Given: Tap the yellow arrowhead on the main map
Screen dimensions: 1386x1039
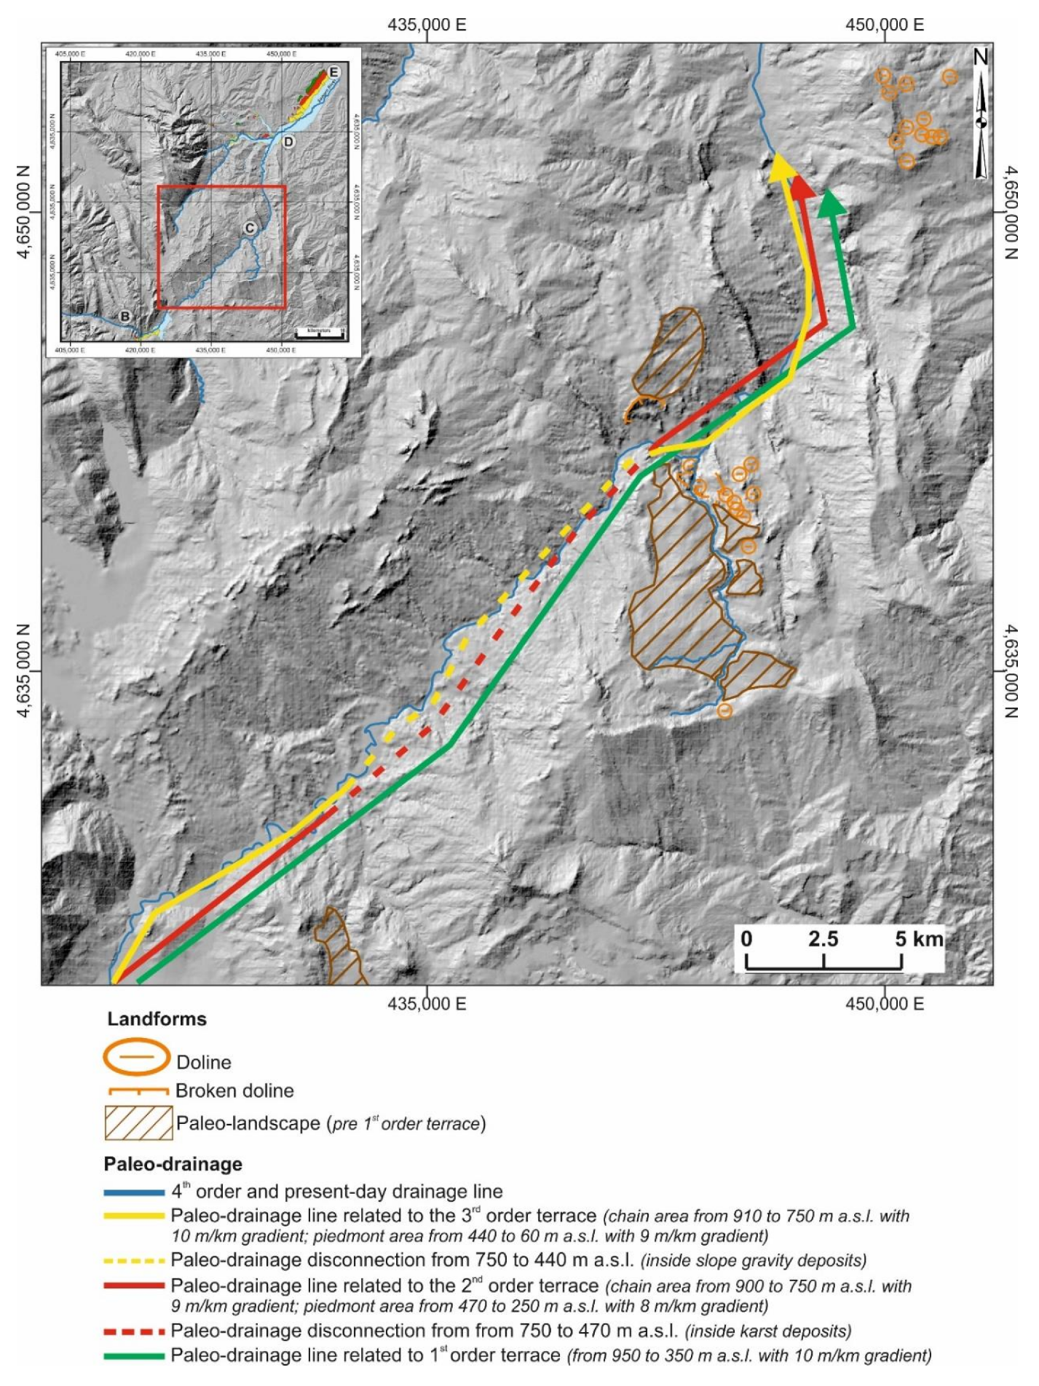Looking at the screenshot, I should (x=780, y=166).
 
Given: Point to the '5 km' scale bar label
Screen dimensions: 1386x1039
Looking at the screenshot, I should (x=919, y=939).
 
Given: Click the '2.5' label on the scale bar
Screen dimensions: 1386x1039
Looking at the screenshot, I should (x=823, y=939).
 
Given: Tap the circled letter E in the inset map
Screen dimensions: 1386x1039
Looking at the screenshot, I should (x=333, y=72).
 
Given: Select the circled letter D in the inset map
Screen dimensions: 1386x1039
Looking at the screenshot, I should (x=289, y=141).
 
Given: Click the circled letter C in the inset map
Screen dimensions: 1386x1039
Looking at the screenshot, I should (x=250, y=229).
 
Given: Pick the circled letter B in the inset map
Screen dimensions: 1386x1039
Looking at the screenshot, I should (x=125, y=317).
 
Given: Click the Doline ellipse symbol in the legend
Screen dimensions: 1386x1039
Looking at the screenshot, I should (x=136, y=1057).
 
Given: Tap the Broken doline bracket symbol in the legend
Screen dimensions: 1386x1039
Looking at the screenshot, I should (x=138, y=1091).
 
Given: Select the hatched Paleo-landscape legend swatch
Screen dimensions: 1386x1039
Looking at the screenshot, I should (x=138, y=1123).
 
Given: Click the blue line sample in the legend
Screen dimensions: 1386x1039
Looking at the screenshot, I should (x=134, y=1192).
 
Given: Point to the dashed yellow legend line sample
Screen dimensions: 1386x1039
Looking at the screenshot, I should (x=134, y=1260).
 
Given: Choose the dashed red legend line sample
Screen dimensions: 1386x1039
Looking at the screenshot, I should (x=134, y=1331).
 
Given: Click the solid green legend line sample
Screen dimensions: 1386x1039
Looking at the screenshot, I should (x=134, y=1356).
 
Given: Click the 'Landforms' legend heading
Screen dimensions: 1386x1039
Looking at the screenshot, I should (x=157, y=1019).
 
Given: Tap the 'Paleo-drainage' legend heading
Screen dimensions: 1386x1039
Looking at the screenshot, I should (x=173, y=1164).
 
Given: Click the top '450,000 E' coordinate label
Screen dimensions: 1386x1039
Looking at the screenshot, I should (x=885, y=25).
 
